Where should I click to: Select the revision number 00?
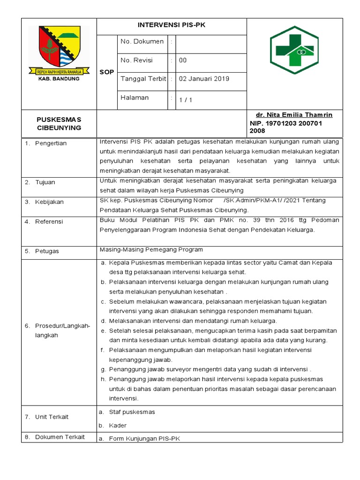(183, 60)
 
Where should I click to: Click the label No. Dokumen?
(142, 42)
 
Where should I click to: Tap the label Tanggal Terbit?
(143, 79)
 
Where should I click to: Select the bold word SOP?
(106, 72)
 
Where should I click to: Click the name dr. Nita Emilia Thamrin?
(294, 115)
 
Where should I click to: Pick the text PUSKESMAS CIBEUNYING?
(59, 124)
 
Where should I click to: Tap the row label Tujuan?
(45, 182)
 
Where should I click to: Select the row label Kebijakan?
(49, 202)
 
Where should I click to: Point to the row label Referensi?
(49, 222)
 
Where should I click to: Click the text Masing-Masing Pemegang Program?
(151, 250)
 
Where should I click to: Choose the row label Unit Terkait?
(52, 417)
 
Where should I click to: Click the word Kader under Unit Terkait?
(118, 426)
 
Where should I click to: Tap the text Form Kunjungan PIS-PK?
(144, 439)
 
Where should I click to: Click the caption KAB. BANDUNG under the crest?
(59, 79)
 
